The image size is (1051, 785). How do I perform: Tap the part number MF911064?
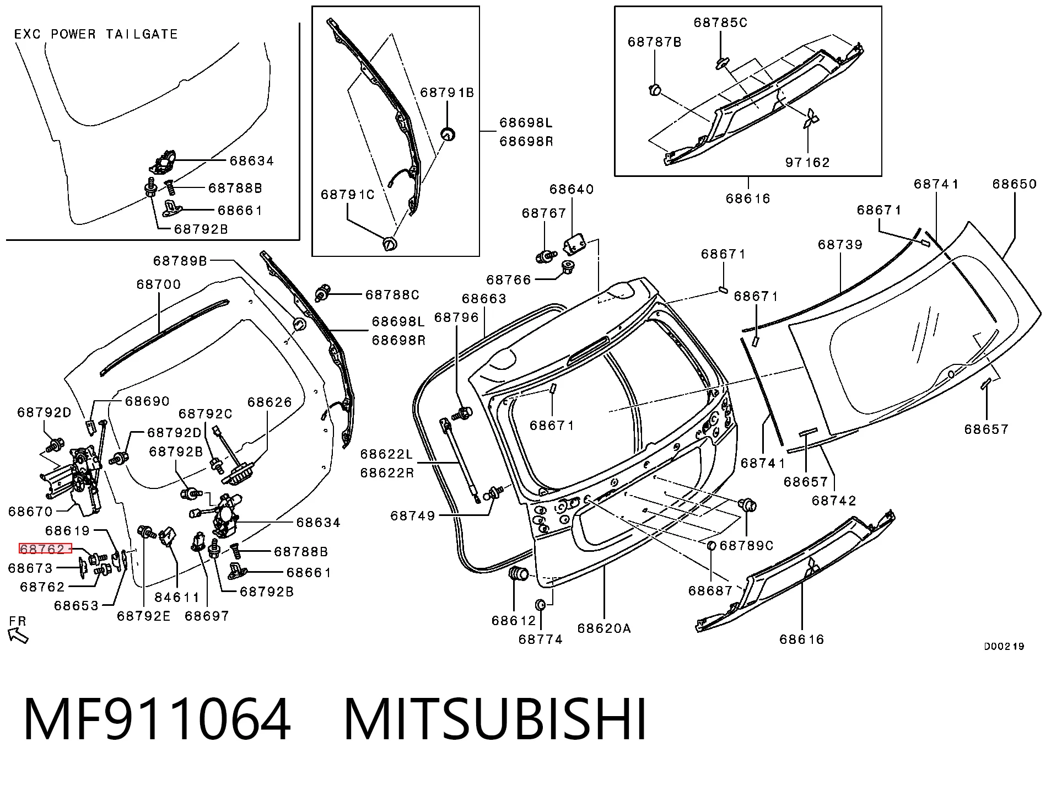(157, 719)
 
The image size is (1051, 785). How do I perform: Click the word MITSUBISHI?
(495, 719)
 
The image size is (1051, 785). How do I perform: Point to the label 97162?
(807, 162)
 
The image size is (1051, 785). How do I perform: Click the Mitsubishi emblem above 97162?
(810, 117)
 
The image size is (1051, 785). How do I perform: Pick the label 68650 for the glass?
(1015, 184)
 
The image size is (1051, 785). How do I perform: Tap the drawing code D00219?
(1004, 647)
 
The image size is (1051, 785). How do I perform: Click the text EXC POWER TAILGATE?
(96, 34)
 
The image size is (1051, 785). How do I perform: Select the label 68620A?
(604, 628)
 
